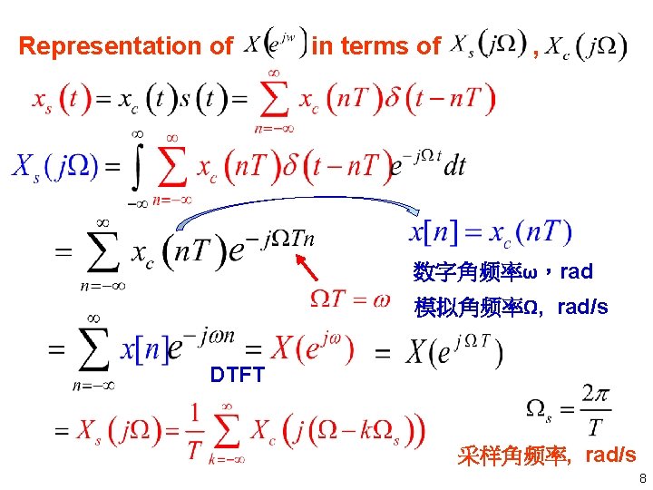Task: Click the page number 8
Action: (641, 478)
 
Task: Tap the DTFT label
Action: (237, 374)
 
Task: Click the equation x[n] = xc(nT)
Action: (490, 233)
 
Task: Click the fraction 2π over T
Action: (594, 411)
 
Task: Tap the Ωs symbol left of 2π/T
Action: (541, 410)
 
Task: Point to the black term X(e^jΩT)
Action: (454, 349)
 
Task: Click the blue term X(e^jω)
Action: (312, 348)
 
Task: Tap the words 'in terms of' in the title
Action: (376, 45)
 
